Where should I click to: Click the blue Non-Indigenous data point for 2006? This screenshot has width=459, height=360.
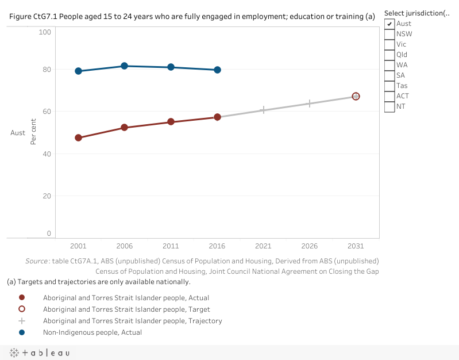pyautogui.click(x=124, y=66)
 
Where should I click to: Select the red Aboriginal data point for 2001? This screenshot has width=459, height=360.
pyautogui.click(x=78, y=138)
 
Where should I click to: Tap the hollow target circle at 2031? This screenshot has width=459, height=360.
pyautogui.click(x=356, y=96)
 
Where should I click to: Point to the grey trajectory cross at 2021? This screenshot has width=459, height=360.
pyautogui.click(x=263, y=109)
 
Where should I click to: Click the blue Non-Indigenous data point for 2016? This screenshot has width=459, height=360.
pyautogui.click(x=217, y=70)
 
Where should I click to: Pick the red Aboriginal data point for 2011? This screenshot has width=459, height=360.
pyautogui.click(x=171, y=122)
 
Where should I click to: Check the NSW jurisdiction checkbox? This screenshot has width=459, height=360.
pyautogui.click(x=389, y=34)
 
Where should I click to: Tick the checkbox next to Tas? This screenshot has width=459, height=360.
pyautogui.click(x=389, y=86)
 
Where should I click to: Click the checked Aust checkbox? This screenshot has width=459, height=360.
pyautogui.click(x=389, y=24)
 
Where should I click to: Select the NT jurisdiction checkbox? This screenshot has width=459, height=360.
pyautogui.click(x=389, y=106)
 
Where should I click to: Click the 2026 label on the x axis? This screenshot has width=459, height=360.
pyautogui.click(x=309, y=246)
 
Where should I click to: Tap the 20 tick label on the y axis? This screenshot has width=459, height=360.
pyautogui.click(x=45, y=196)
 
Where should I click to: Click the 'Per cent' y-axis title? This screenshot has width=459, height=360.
pyautogui.click(x=34, y=133)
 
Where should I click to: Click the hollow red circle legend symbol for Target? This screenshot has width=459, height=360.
pyautogui.click(x=22, y=309)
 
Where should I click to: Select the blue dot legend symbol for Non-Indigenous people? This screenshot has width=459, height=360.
pyautogui.click(x=22, y=332)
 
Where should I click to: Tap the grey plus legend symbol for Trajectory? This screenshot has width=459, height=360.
pyautogui.click(x=22, y=321)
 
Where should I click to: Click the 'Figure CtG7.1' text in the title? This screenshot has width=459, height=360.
pyautogui.click(x=34, y=17)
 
